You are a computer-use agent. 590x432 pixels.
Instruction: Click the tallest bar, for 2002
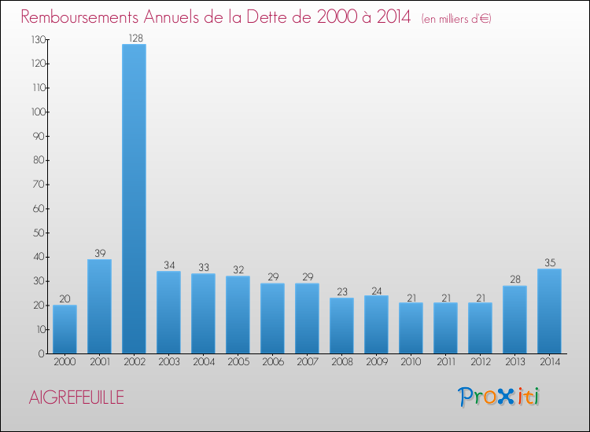(x=134, y=199)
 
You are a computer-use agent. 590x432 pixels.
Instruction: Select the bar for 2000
(x=65, y=329)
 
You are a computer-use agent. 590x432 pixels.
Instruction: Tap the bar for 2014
(x=549, y=311)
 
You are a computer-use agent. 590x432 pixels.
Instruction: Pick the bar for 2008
(x=341, y=325)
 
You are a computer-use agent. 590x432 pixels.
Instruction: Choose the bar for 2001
(x=99, y=306)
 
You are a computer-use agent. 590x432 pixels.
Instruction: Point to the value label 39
(x=99, y=254)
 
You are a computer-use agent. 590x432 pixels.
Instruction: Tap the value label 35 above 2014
(x=549, y=263)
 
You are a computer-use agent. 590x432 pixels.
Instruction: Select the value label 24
(x=376, y=290)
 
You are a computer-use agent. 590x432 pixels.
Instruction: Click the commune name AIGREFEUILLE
(x=76, y=397)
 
